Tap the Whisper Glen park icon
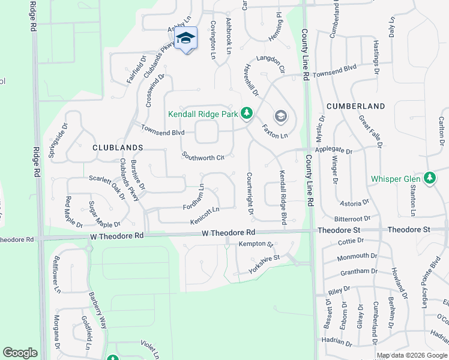(x=430, y=178)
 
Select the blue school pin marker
(x=186, y=39)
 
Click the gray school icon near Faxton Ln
(x=280, y=116)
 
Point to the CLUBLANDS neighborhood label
(x=118, y=147)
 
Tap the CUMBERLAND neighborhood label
(x=355, y=106)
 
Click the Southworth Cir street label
(x=203, y=156)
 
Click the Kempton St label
(x=256, y=244)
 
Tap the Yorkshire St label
(x=264, y=258)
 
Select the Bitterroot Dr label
(x=353, y=219)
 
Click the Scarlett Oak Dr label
(x=106, y=185)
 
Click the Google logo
(x=20, y=353)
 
